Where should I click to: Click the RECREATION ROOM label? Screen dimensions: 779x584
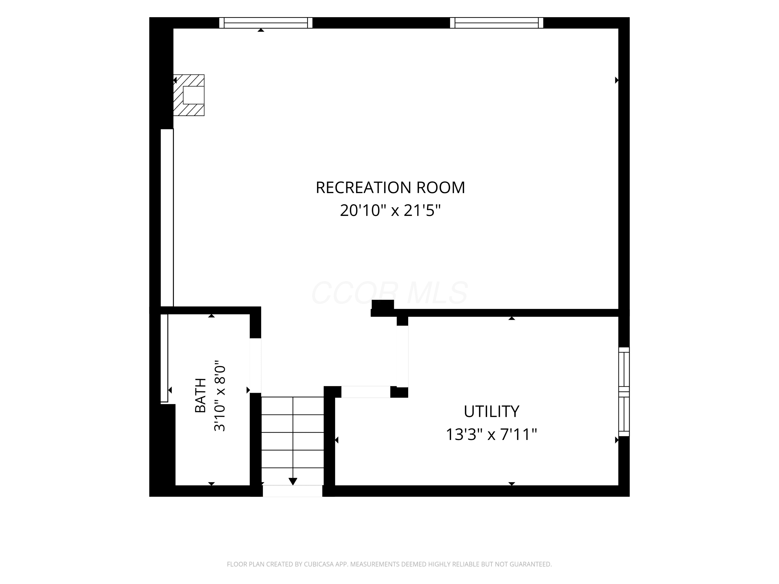390,188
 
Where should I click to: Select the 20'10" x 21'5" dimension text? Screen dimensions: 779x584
390,210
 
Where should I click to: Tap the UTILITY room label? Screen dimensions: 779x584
491,411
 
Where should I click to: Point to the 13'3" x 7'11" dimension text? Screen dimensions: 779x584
491,434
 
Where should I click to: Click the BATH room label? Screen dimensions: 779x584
200,395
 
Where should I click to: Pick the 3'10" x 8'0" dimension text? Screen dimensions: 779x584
219,395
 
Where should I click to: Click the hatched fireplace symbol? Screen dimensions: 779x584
189,95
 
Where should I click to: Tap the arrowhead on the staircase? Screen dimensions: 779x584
293,481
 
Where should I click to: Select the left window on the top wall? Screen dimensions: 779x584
266,23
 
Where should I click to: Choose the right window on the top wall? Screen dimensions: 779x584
496,23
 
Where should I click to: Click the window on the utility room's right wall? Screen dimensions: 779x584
624,392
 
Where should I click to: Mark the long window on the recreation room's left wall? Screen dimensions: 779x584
167,218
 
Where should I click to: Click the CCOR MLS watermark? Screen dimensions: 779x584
389,293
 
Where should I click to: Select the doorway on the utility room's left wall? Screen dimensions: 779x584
402,356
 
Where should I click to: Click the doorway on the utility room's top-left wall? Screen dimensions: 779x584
366,392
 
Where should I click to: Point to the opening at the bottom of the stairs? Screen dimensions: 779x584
293,491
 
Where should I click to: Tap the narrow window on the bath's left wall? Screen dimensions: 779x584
164,358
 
